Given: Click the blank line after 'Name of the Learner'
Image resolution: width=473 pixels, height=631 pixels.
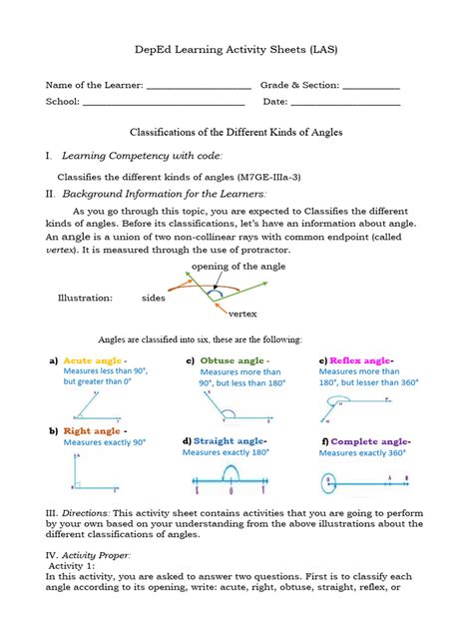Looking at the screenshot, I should (x=200, y=87).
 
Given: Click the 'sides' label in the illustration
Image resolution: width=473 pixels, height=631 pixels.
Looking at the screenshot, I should (x=154, y=298).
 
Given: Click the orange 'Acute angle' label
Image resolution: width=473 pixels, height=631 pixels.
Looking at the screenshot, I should (x=93, y=360).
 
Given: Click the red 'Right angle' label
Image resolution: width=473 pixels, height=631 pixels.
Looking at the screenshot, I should (x=92, y=430).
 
